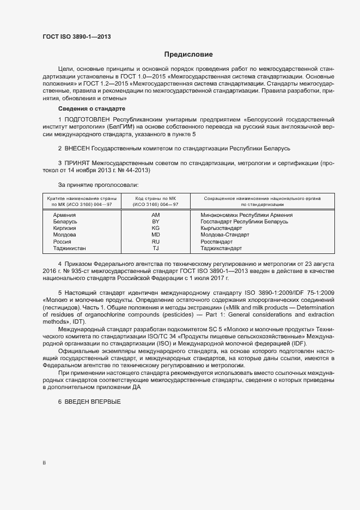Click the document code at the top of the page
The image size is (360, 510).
point(76,36)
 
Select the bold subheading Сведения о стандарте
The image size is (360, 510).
point(91,109)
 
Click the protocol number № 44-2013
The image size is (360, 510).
point(142,170)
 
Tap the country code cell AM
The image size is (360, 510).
point(155,215)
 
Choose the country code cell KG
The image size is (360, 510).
point(155,228)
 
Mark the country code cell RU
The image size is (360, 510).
point(155,241)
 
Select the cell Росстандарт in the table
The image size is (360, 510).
point(216,241)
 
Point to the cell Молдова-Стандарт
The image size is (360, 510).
point(224,235)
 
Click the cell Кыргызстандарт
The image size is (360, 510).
point(221,228)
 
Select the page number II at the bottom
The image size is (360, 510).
point(44,463)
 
